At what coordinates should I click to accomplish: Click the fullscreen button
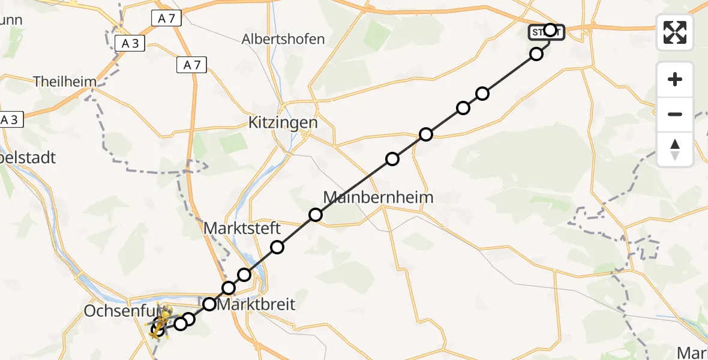tap(675, 32)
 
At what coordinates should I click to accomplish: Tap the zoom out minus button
tap(675, 114)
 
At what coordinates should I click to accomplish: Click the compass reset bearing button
tap(675, 149)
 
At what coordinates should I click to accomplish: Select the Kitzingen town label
tap(283, 123)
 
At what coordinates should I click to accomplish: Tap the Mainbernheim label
tap(378, 197)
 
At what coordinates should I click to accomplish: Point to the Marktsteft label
tap(242, 229)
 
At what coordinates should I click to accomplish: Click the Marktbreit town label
tap(256, 304)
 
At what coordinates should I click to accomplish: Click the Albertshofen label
tap(283, 40)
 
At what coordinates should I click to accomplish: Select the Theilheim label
tap(65, 81)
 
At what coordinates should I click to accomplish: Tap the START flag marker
tap(546, 32)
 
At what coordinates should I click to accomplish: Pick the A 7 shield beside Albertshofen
tap(192, 65)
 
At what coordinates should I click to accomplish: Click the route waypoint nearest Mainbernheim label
tap(316, 215)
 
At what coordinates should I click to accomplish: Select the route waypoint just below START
tap(536, 54)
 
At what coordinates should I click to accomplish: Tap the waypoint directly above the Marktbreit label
tap(229, 288)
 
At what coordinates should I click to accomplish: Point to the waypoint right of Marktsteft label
tap(277, 247)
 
